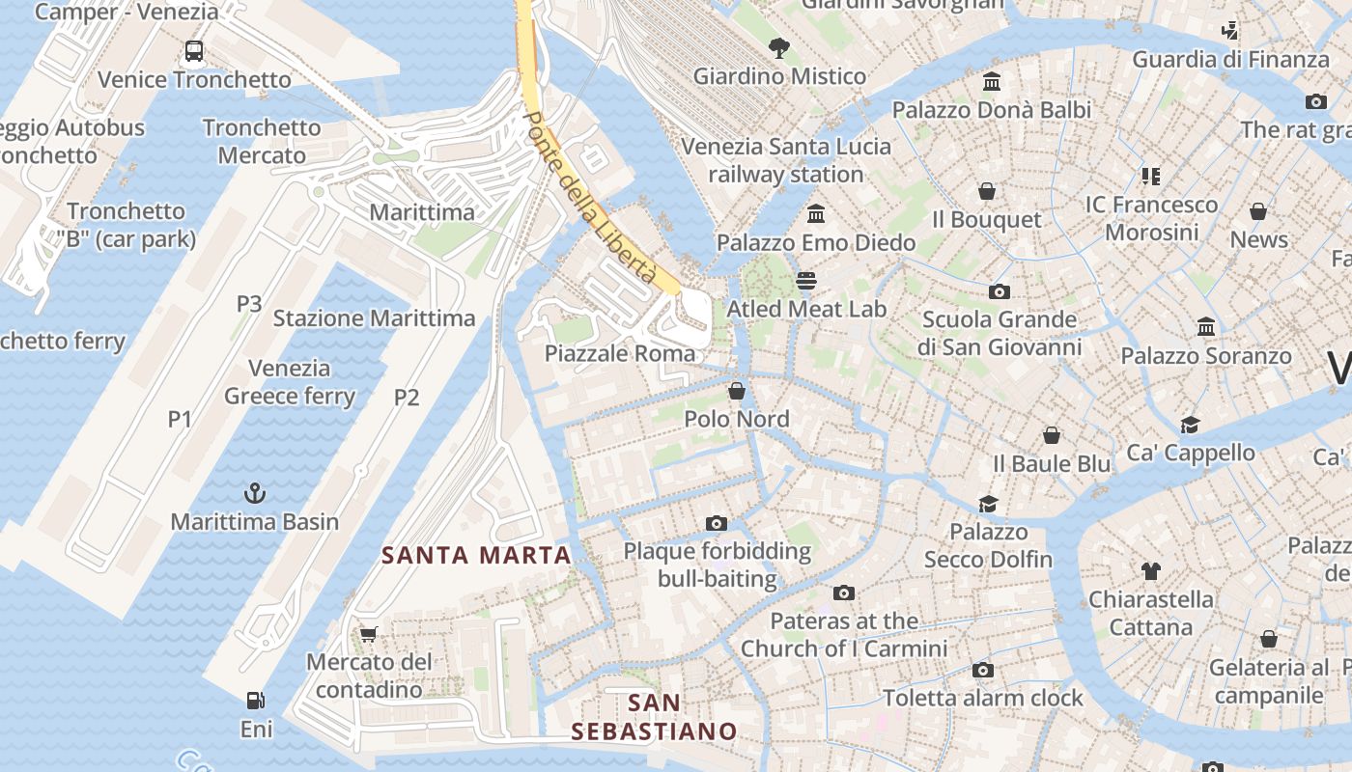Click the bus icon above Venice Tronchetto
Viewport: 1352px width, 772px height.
tap(194, 51)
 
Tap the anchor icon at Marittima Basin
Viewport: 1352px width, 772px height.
tap(255, 493)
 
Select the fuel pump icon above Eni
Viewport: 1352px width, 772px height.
tap(255, 701)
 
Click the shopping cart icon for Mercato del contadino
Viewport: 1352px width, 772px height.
tap(368, 634)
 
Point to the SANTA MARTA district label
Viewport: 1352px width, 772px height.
tap(477, 556)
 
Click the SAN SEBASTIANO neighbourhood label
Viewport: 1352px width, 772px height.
tap(654, 717)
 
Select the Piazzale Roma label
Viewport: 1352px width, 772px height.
tap(620, 353)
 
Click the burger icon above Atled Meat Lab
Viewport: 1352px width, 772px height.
tap(806, 281)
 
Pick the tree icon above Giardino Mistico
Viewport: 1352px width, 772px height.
tap(779, 47)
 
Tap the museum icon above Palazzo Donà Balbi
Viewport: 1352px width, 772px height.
tap(992, 82)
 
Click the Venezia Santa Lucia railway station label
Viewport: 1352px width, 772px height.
tap(786, 160)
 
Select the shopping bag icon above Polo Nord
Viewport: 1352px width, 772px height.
tap(737, 391)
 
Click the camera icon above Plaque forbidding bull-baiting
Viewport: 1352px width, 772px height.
tap(717, 523)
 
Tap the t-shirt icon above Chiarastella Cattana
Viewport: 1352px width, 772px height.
tap(1151, 571)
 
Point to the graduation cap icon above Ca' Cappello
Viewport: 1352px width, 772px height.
tap(1190, 425)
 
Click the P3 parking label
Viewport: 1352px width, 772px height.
tap(249, 304)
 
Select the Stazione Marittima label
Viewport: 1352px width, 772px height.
tap(375, 318)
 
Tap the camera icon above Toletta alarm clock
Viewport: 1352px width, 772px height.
tap(983, 670)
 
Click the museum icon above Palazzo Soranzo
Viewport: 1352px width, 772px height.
tap(1205, 327)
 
